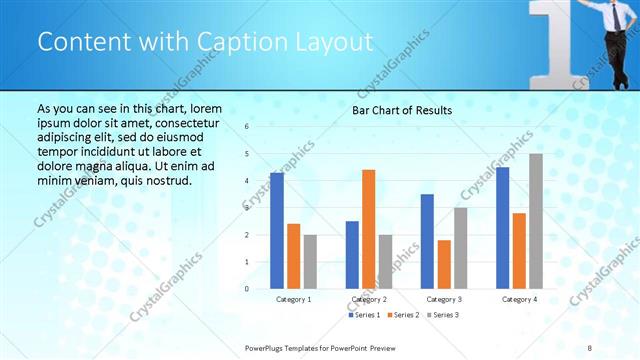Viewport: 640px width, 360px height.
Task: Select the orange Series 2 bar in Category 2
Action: (x=368, y=229)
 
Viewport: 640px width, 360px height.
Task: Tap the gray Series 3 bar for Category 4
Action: (x=536, y=221)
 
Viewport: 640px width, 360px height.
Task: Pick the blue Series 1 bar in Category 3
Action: (x=427, y=241)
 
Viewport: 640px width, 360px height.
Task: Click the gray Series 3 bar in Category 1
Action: (x=310, y=261)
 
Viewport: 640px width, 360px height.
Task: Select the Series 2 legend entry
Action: (x=403, y=315)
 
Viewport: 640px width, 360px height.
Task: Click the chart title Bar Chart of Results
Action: (x=402, y=110)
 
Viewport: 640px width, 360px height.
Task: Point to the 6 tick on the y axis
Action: (x=247, y=127)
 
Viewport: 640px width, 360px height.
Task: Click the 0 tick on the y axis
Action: (x=247, y=289)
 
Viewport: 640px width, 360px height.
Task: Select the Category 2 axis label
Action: (x=368, y=299)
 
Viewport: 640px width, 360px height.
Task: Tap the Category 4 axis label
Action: (x=519, y=299)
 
